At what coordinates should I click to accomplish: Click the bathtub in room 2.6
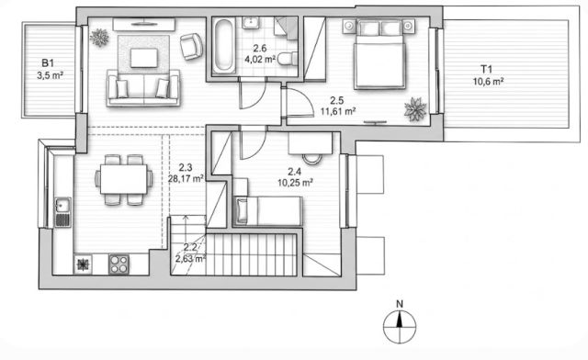coord(224,46)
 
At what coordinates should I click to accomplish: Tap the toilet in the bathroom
coord(288,59)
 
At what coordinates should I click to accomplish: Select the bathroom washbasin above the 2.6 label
coord(250,23)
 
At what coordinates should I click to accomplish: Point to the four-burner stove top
coord(119,264)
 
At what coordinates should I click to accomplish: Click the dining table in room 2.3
coord(124,180)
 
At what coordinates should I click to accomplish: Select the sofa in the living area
coord(143,88)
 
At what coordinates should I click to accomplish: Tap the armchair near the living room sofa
coord(191,47)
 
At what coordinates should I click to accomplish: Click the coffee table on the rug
coord(144,58)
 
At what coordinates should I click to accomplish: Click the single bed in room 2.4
coord(267,211)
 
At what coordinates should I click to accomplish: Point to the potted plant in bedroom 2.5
coord(415,109)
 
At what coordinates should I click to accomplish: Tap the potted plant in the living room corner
coord(99,38)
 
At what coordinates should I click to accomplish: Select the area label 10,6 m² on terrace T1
coord(488,82)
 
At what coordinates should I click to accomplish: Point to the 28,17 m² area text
coord(186,178)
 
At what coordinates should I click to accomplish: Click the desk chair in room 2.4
coord(312,159)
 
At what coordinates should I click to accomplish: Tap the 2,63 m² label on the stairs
coord(190,258)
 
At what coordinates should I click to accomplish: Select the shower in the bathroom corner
coord(286,27)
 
